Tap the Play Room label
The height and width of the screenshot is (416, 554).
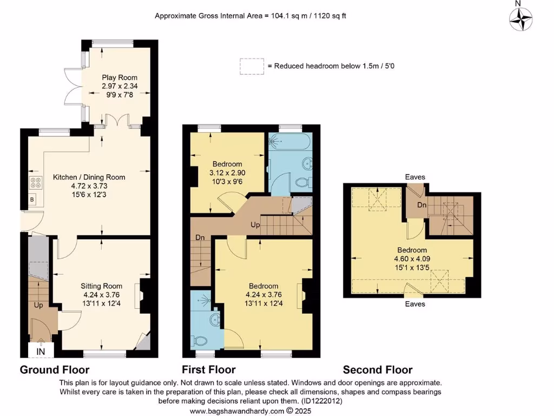pos(120,77)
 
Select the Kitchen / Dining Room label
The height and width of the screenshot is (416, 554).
pos(89,177)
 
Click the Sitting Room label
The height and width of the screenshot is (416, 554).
pos(102,286)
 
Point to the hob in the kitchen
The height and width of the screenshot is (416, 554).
pos(36,183)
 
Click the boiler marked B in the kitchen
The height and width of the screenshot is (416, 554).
pos(31,199)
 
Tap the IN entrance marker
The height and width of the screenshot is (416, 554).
pos(41,352)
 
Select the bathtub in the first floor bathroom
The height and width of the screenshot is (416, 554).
pos(290,142)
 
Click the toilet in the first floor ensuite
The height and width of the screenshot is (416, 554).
pos(201,341)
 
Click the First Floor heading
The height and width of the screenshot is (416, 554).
pos(209,370)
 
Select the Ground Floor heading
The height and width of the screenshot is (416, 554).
pos(55,370)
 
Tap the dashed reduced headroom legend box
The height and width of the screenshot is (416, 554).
pos(252,66)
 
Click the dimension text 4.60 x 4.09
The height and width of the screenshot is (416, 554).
pos(412,259)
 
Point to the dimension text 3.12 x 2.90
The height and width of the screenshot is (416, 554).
pos(227,173)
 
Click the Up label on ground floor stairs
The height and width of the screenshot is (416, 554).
pos(38,305)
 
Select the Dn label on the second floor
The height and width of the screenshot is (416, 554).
pos(422,205)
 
